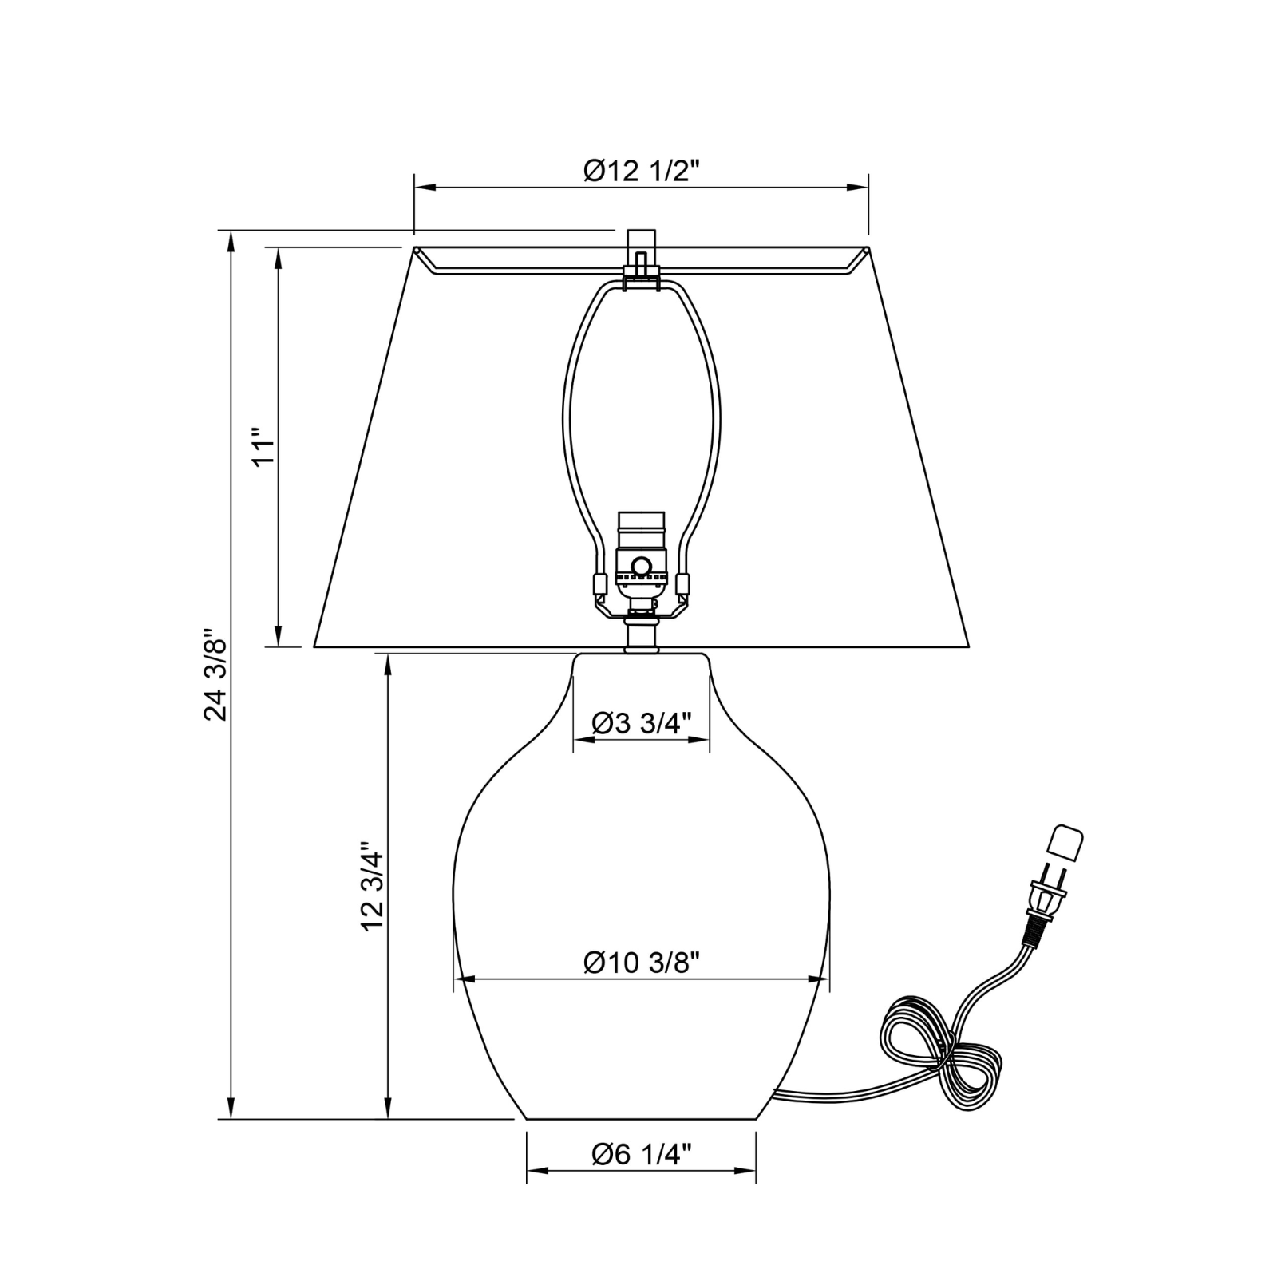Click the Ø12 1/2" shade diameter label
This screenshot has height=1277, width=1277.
641,170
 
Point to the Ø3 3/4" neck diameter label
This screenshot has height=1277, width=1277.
641,723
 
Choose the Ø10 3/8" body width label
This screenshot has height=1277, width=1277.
641,963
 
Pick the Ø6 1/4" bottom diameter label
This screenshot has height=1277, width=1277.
641,1154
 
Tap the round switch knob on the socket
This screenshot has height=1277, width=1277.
640,566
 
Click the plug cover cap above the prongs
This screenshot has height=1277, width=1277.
1065,843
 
